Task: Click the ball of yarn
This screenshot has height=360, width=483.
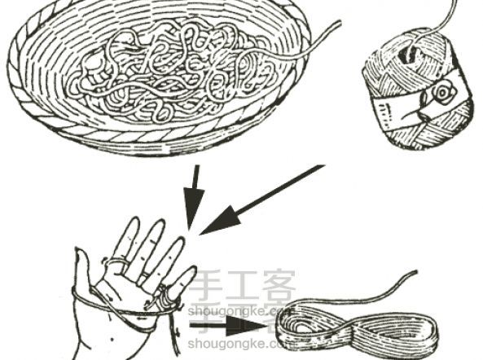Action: [417, 90]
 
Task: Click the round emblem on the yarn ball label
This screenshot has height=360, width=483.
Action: [442, 91]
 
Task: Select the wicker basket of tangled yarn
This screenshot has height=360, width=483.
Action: [159, 77]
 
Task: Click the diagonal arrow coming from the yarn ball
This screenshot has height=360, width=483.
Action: [261, 200]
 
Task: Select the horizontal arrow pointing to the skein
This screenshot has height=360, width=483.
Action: [228, 326]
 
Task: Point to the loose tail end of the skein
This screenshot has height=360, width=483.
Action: [415, 272]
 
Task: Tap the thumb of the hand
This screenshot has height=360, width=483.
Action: [82, 268]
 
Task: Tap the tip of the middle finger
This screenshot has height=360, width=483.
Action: [159, 222]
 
